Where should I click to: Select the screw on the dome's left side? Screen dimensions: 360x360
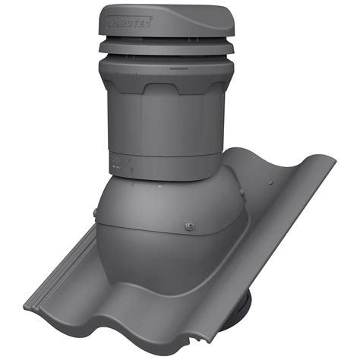(94, 210)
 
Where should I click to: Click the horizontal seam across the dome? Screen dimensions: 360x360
(152, 228)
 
